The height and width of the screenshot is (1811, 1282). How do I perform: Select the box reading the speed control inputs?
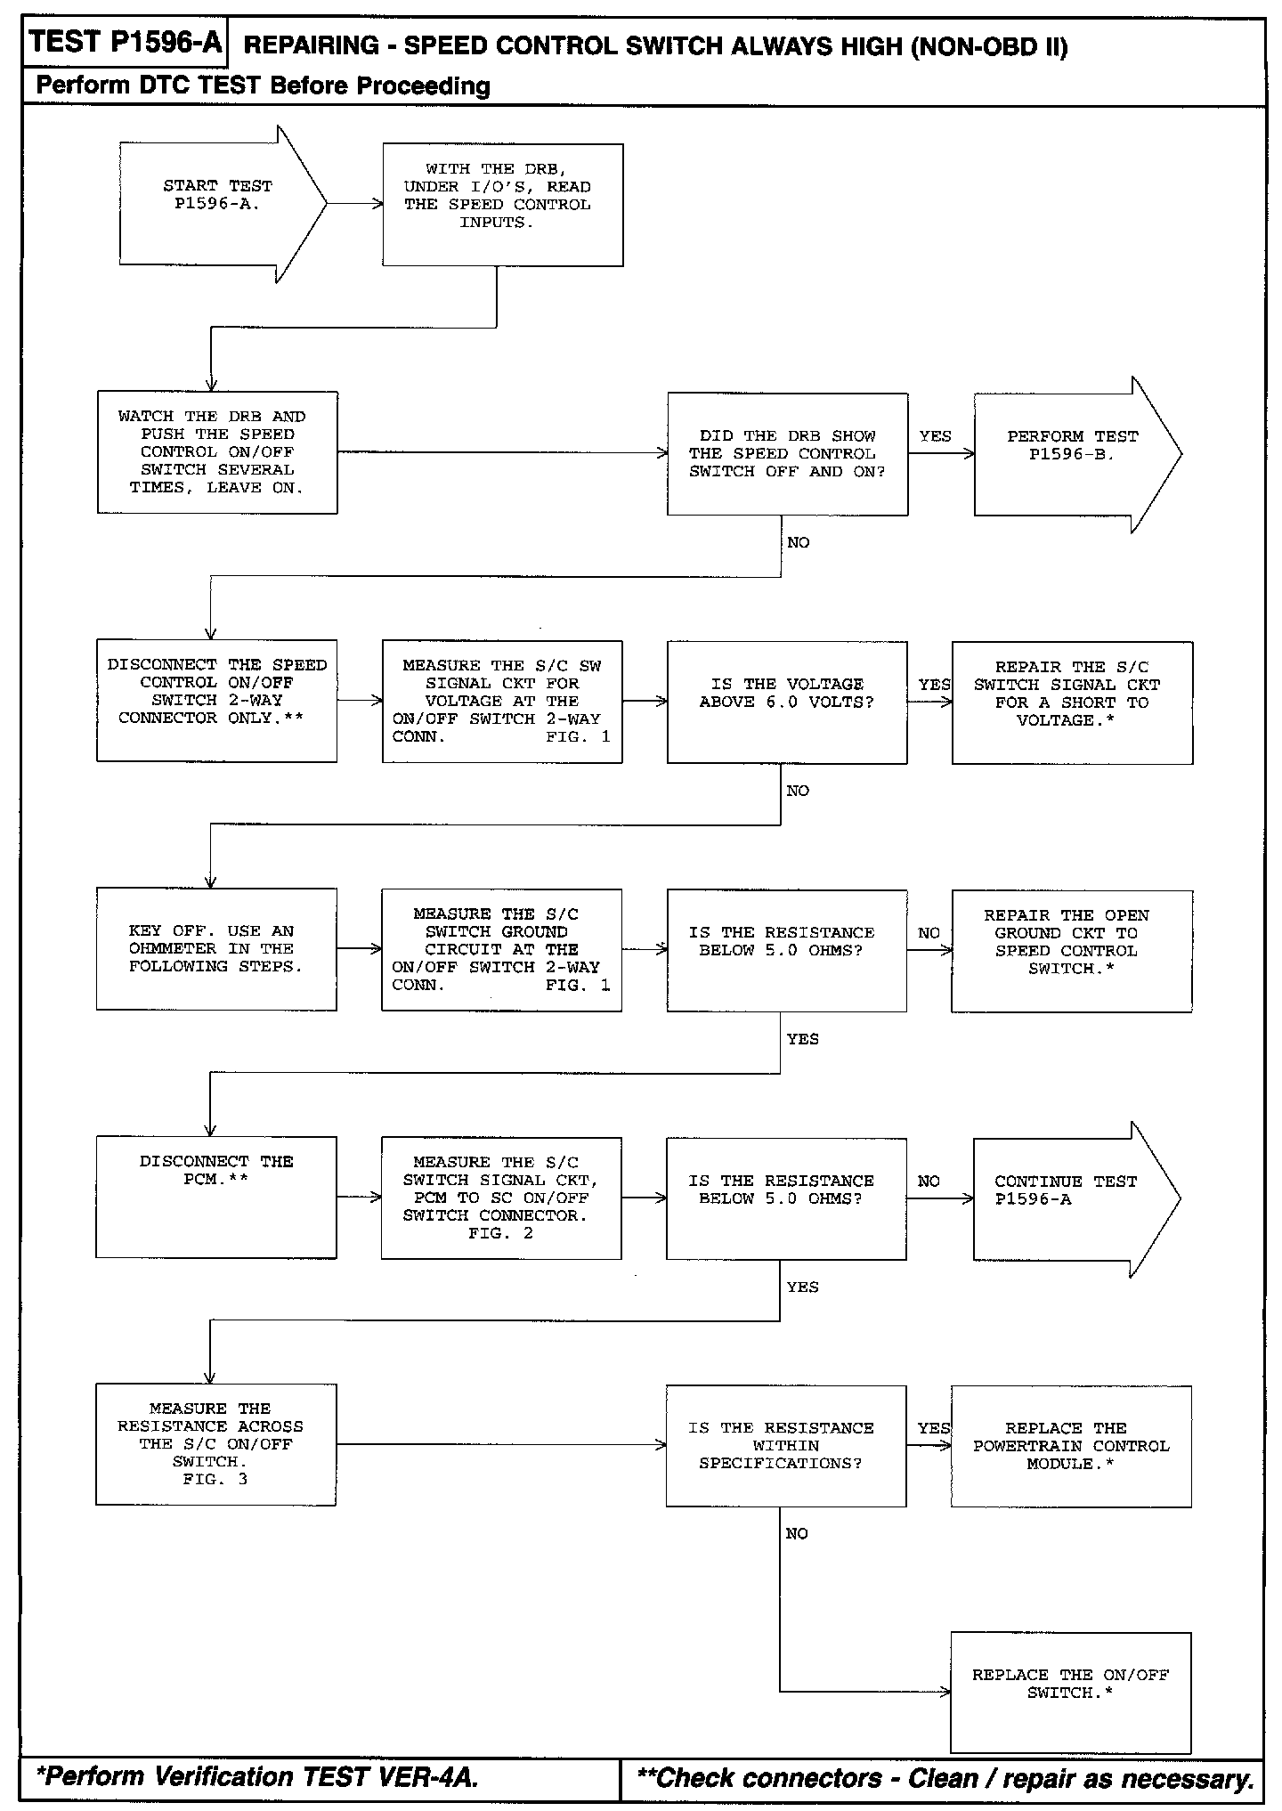[x=502, y=205]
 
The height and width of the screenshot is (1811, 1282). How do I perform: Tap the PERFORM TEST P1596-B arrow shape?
[x=1068, y=454]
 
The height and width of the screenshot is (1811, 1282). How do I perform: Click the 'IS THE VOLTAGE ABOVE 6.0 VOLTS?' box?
[x=787, y=702]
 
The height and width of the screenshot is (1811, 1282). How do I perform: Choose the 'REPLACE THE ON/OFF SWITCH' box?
[x=1070, y=1691]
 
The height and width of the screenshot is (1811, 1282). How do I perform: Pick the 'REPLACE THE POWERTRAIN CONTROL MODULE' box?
[x=1070, y=1445]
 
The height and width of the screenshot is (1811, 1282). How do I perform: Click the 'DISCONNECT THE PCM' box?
[x=216, y=1197]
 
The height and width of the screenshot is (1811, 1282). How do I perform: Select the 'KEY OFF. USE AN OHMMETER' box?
[x=216, y=949]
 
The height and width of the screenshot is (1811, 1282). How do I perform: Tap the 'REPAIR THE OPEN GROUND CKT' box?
[x=1071, y=950]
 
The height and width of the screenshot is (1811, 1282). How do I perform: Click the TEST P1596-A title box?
[x=125, y=43]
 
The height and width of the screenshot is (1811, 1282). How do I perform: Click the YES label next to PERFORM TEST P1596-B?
[x=935, y=436]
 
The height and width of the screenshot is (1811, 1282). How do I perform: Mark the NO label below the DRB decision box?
[x=799, y=542]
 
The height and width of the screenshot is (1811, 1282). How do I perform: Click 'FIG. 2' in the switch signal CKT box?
[x=500, y=1233]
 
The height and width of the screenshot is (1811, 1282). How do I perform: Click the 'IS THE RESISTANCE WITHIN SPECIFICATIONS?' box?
[x=786, y=1445]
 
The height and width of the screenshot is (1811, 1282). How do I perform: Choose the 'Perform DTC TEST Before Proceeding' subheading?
[x=263, y=85]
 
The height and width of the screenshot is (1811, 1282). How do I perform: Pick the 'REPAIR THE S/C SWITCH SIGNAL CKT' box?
[x=1072, y=702]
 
